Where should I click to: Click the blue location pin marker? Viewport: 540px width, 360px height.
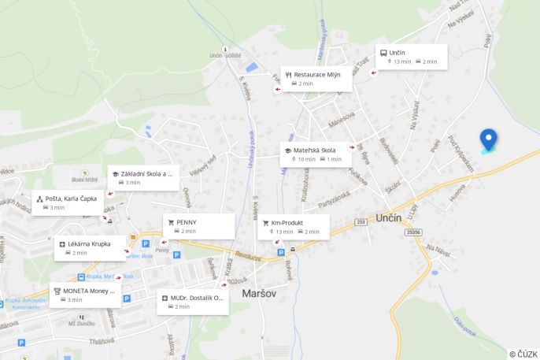[488, 139]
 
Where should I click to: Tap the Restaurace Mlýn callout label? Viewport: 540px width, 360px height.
[316, 78]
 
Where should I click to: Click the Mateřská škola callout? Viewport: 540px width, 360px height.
[316, 154]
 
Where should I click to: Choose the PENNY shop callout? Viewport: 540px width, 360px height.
[198, 226]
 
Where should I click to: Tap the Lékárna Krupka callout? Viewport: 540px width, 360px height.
[90, 248]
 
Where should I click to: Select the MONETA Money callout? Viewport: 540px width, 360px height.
[86, 295]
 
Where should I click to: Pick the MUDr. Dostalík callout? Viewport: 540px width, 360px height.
[193, 302]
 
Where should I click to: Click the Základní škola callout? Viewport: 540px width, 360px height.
[143, 177]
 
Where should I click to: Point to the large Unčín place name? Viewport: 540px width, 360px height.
[389, 217]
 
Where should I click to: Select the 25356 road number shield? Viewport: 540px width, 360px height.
[414, 232]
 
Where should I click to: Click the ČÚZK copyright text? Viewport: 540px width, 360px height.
[523, 354]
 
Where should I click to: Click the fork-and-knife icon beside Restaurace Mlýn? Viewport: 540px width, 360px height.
[289, 74]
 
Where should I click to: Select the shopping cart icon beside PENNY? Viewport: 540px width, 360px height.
[171, 222]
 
